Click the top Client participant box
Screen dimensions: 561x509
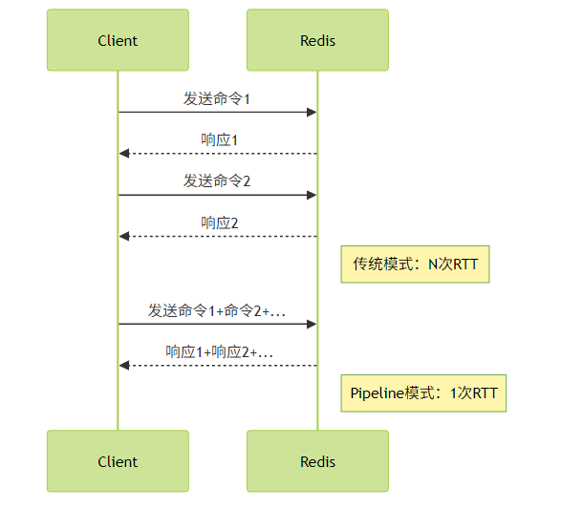click(x=118, y=40)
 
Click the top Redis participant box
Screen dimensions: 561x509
click(x=317, y=40)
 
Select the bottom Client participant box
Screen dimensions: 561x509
click(x=118, y=461)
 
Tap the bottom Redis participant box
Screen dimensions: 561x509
click(x=317, y=461)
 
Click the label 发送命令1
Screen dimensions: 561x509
click(x=217, y=98)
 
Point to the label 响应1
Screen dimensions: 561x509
click(x=219, y=139)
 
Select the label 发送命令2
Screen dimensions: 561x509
click(x=217, y=180)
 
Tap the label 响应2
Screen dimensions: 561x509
click(x=219, y=223)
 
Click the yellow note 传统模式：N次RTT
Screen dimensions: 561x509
click(x=415, y=265)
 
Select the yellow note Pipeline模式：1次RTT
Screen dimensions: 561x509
click(x=423, y=393)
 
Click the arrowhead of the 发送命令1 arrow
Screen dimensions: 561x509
click(x=312, y=113)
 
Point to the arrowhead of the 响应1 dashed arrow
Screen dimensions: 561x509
click(x=124, y=154)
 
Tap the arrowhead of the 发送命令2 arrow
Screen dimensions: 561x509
click(x=312, y=195)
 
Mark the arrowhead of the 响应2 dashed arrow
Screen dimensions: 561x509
click(x=124, y=236)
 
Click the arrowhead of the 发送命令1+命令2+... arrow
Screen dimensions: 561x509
click(x=312, y=324)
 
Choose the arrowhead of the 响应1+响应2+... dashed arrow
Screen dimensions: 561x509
click(x=124, y=366)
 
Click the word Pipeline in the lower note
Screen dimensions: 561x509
click(x=378, y=393)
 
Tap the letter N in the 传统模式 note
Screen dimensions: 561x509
click(x=433, y=265)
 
